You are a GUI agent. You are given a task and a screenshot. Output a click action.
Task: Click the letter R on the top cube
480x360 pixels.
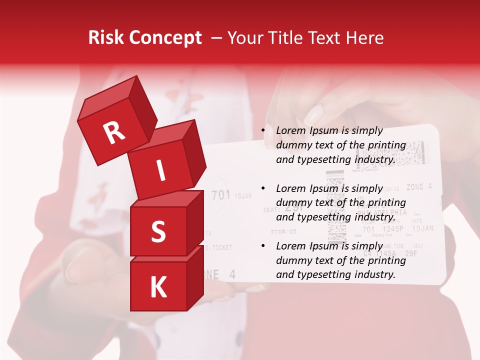(114, 132)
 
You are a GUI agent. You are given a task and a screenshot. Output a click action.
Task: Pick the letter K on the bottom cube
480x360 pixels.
(158, 287)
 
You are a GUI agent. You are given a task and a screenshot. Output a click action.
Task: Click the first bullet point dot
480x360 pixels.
(263, 130)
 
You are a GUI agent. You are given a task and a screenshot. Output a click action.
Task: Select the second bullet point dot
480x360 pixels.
(263, 188)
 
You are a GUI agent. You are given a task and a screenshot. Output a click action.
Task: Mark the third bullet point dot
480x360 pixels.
(263, 246)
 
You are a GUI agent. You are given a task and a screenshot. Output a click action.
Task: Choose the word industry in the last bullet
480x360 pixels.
(375, 274)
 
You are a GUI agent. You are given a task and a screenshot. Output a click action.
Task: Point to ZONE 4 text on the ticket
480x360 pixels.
(419, 187)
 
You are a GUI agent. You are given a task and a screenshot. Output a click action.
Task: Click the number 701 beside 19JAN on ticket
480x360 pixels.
(220, 195)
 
